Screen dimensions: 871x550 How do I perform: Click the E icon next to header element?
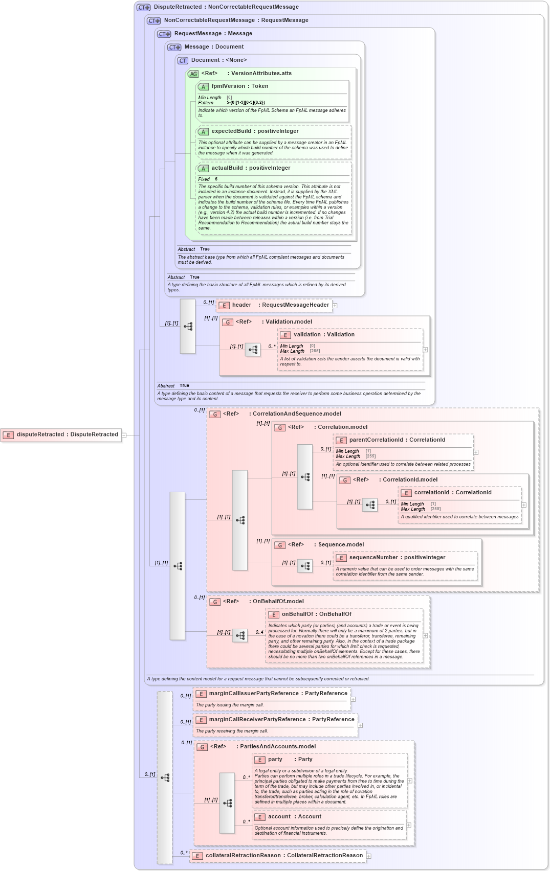pos(224,305)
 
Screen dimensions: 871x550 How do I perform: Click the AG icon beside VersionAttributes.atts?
pos(193,74)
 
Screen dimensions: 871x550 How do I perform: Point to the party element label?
pos(275,760)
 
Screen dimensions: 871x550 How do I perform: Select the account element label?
pos(279,817)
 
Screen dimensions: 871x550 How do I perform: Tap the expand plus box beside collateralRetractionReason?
pos(369,856)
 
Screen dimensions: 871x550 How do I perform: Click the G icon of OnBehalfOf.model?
pos(215,602)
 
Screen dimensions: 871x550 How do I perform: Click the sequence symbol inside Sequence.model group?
pos(305,566)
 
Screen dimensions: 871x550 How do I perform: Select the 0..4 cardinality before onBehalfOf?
pos(259,632)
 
